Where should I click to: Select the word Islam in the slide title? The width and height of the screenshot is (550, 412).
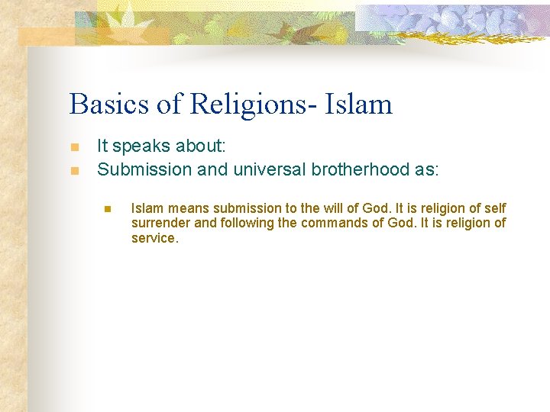pyautogui.click(x=360, y=104)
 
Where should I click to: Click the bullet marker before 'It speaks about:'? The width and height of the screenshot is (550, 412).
pyautogui.click(x=74, y=147)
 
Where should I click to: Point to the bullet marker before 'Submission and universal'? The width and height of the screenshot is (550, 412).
pyautogui.click(x=74, y=170)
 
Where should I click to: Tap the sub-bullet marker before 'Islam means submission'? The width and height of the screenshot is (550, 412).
pyautogui.click(x=108, y=208)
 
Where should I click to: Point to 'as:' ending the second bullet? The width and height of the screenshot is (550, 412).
pyautogui.click(x=427, y=169)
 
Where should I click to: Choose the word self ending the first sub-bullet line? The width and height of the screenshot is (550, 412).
pyautogui.click(x=495, y=208)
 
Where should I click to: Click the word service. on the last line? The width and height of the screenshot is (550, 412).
pyautogui.click(x=154, y=238)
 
